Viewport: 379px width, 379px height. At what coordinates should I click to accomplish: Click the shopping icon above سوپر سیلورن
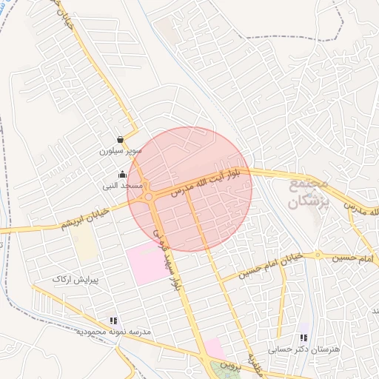pos(121,139)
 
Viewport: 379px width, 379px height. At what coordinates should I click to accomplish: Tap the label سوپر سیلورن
pos(120,151)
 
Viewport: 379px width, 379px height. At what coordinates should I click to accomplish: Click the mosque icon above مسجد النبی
pos(122,175)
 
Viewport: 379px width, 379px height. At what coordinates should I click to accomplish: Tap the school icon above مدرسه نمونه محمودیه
pos(113,321)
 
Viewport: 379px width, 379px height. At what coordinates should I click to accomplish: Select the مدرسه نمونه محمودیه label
pos(114,332)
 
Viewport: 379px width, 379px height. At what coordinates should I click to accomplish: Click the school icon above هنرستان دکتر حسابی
pos(303,337)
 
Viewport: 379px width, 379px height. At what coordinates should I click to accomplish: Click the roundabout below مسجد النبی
pos(150,196)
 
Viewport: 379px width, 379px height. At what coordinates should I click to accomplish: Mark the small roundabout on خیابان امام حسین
pos(318,255)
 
